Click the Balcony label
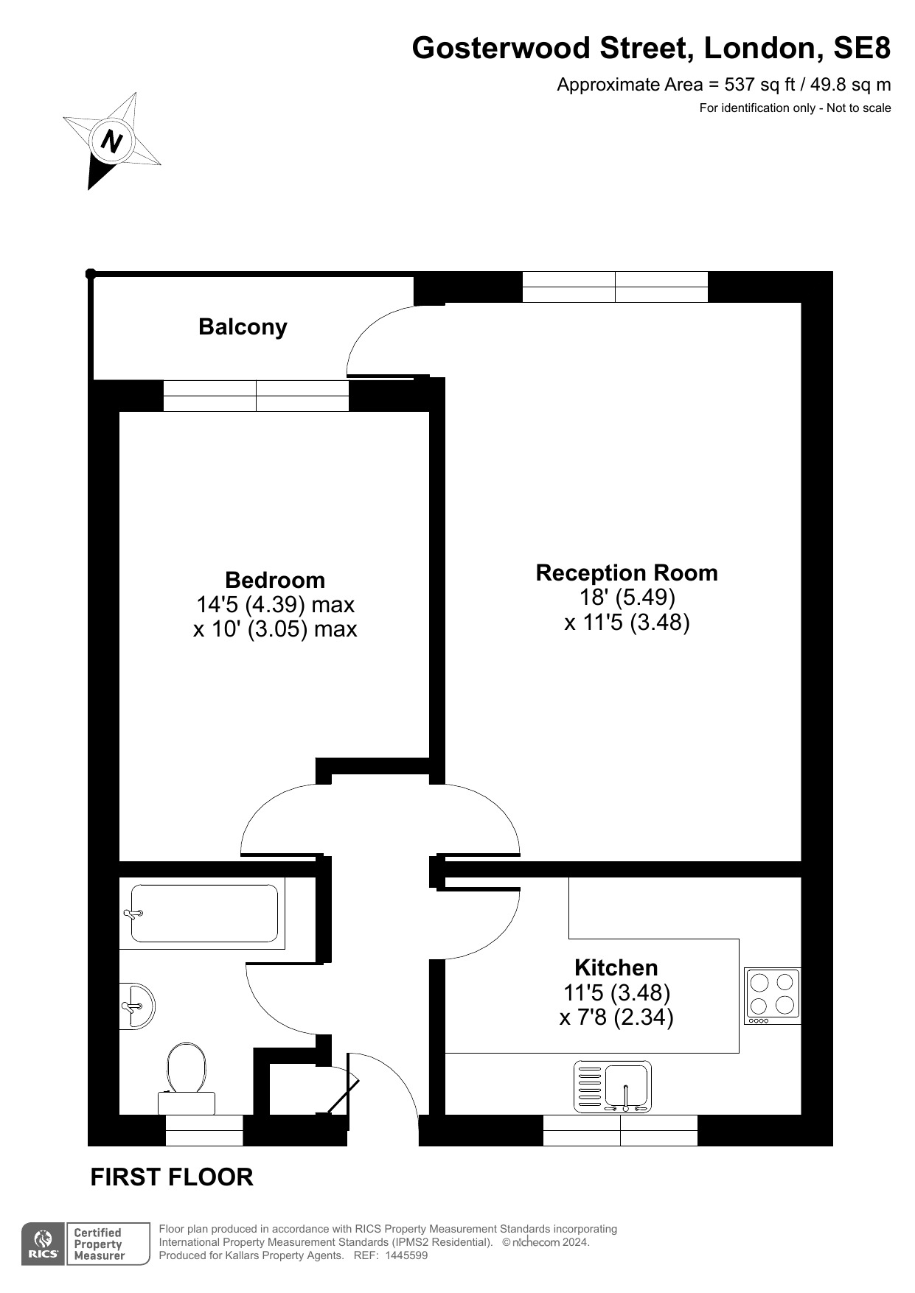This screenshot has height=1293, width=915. pos(243,327)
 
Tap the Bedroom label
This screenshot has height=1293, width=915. pos(275,580)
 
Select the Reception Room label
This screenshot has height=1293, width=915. pos(627,572)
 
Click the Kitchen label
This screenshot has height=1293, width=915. pos(616,967)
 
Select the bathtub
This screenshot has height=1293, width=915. pos(203,914)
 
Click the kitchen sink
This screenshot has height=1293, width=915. pos(613,1087)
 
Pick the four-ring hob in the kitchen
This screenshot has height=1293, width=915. pos(773,996)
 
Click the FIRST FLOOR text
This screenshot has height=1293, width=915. pos(172,1177)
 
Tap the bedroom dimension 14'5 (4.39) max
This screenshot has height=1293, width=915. pos(275,605)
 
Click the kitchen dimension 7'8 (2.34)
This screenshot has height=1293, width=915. pos(616,1017)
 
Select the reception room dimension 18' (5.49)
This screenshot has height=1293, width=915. pos(627,597)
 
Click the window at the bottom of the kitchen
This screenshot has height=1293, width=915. pos(620,1131)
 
